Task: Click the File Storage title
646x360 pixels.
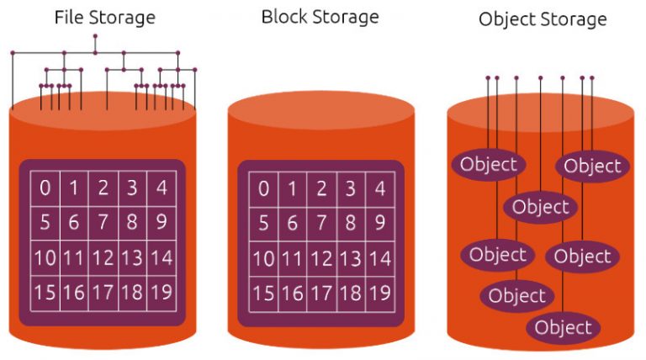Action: (x=104, y=19)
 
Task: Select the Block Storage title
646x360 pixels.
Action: (x=320, y=18)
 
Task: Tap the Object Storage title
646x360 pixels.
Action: (x=543, y=19)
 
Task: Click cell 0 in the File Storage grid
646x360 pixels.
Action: (x=45, y=188)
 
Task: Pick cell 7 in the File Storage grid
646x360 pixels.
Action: (x=103, y=223)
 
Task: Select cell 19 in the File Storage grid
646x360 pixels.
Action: (x=161, y=293)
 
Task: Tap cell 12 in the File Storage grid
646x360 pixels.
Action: (x=103, y=258)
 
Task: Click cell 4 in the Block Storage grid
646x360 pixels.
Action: (x=380, y=189)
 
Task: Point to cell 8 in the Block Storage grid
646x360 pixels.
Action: (x=351, y=224)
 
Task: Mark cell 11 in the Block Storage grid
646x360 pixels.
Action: (x=293, y=259)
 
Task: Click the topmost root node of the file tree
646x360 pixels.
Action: (x=95, y=36)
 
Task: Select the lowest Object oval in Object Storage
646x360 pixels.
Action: (x=564, y=328)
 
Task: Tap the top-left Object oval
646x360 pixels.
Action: (x=489, y=164)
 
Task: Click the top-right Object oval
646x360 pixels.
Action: (x=592, y=166)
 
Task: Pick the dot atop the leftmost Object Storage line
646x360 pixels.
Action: (x=488, y=78)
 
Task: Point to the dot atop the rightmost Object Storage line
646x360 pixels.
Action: (x=592, y=78)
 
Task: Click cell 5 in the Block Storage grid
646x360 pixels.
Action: (x=263, y=224)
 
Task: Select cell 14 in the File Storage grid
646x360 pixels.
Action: (x=161, y=258)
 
